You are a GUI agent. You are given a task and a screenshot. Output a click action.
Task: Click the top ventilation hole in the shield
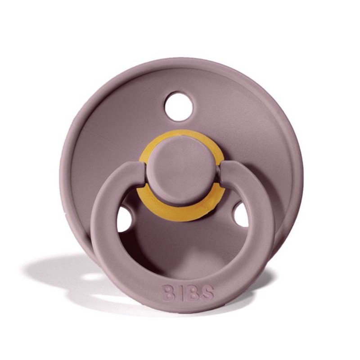[x=179, y=106]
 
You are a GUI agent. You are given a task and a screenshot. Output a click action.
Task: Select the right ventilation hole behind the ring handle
[x=241, y=215]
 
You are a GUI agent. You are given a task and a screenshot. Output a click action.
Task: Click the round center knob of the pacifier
[x=180, y=171]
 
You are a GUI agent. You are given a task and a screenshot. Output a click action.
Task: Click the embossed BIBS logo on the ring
[x=188, y=293]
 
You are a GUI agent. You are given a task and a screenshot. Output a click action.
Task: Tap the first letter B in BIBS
[x=169, y=294]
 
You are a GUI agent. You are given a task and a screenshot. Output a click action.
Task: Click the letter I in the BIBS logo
[x=181, y=293]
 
